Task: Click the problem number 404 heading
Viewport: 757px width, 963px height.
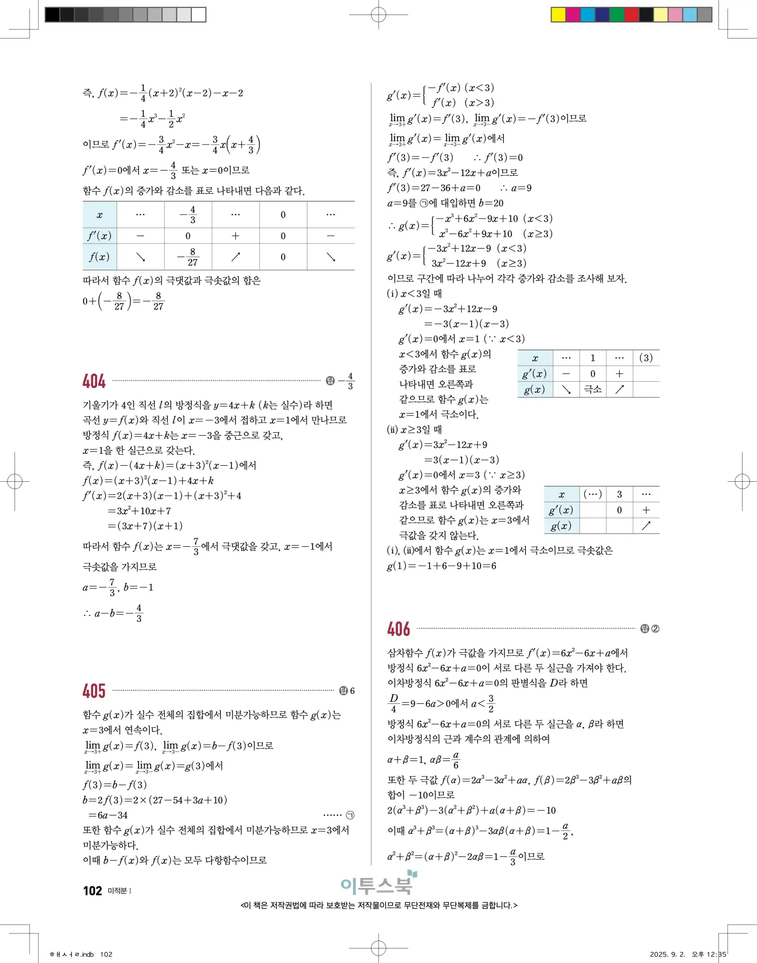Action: click(94, 381)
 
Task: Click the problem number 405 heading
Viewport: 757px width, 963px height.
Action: click(94, 691)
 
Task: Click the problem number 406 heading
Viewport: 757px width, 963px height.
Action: click(399, 629)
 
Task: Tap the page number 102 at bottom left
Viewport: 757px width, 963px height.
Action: click(93, 891)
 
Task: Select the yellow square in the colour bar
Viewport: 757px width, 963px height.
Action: click(558, 15)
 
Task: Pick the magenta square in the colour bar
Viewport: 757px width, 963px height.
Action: click(573, 15)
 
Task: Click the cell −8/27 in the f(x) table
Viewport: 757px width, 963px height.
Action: click(188, 257)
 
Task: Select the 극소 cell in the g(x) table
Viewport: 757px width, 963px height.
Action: click(593, 389)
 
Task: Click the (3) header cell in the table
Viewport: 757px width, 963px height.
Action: click(646, 358)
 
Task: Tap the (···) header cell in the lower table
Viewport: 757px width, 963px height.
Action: click(593, 494)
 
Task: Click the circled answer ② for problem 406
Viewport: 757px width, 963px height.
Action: click(655, 629)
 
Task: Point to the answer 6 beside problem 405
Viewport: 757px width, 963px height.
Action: click(352, 691)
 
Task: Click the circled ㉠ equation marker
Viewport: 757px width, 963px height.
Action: click(350, 815)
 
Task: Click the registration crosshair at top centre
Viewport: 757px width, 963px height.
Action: click(378, 15)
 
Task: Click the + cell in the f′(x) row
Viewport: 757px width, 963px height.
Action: click(235, 236)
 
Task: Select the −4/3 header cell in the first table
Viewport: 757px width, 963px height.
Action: click(188, 215)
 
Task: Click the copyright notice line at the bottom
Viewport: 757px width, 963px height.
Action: click(379, 905)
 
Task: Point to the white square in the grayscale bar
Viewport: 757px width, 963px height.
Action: click(199, 15)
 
